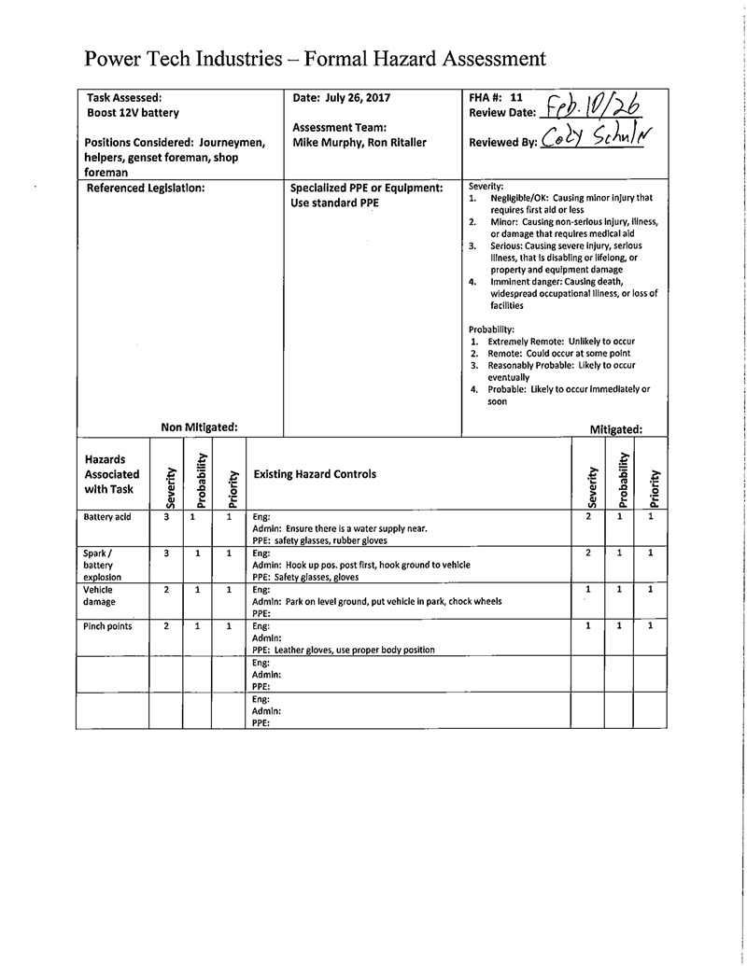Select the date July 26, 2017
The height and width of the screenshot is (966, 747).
[341, 97]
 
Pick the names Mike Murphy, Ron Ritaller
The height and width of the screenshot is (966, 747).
[359, 142]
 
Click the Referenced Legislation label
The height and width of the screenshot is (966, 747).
[145, 188]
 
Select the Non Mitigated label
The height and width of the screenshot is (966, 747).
[199, 427]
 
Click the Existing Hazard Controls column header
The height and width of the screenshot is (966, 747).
[316, 474]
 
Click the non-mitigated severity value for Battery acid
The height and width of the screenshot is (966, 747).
[166, 516]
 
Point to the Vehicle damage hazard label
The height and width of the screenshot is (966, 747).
[99, 595]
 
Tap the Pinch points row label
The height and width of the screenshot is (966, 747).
[107, 626]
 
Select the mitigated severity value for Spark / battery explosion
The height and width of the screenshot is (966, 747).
[587, 553]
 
